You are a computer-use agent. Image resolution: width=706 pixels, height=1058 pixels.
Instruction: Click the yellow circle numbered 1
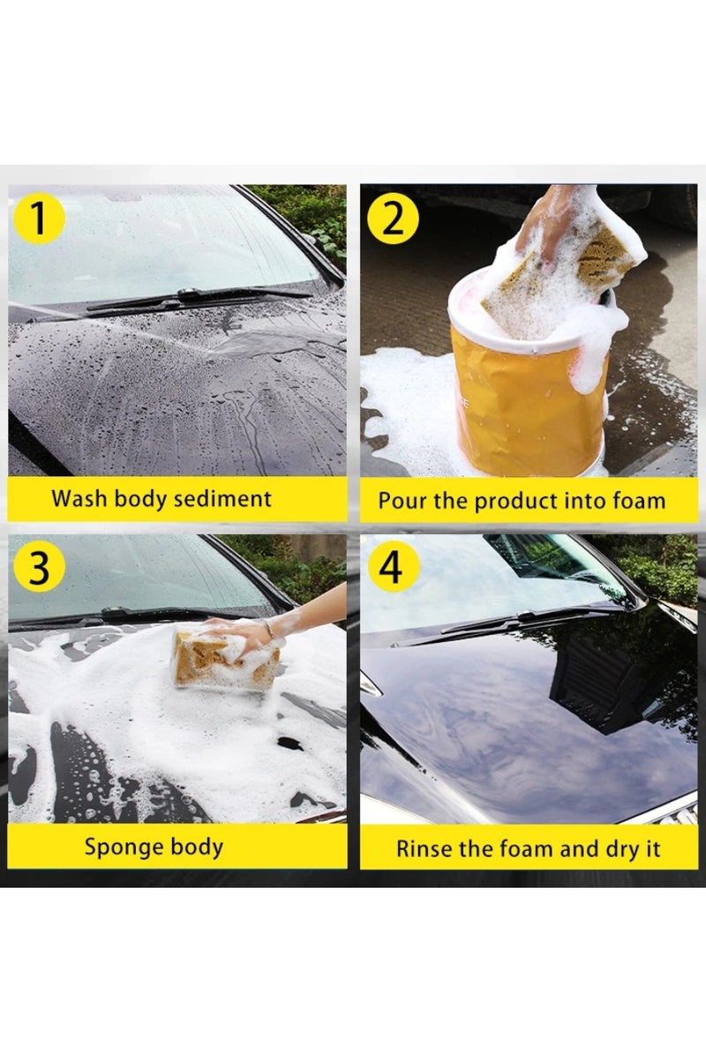(x=38, y=218)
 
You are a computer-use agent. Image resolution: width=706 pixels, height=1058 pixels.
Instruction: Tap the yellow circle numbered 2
(x=393, y=218)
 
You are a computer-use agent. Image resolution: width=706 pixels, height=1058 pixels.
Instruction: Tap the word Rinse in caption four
(x=420, y=850)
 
